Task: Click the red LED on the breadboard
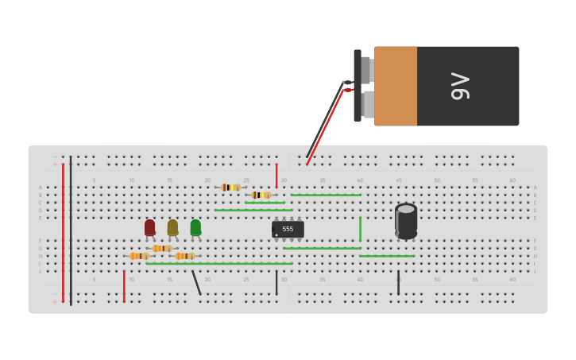point(149,227)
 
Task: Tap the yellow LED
point(172,227)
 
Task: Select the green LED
point(195,227)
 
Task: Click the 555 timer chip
point(288,229)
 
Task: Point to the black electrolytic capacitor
point(406,221)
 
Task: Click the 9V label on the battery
point(460,86)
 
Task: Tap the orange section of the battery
point(396,86)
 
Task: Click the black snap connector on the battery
point(358,86)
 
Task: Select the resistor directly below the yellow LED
point(162,249)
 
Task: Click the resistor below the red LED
point(139,256)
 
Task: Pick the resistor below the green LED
point(184,256)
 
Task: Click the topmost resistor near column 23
point(230,188)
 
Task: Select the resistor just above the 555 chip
point(261,195)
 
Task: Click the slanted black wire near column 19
point(196,283)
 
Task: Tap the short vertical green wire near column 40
point(360,229)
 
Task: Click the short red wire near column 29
point(276,176)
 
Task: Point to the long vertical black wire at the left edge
point(71,230)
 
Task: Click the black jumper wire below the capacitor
point(398,283)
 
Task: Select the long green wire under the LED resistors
point(218,264)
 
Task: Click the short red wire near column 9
point(124,286)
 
